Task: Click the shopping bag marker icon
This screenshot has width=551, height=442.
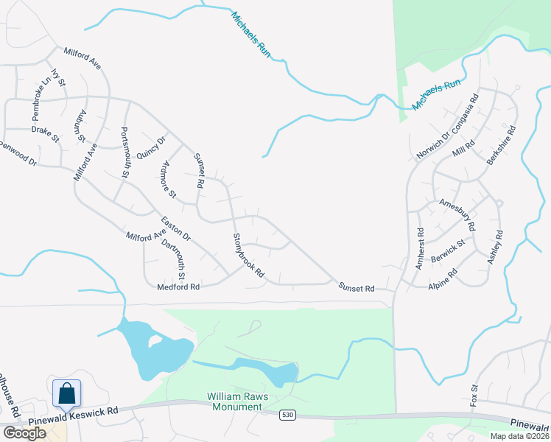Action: tap(66, 393)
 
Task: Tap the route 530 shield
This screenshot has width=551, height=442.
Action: tap(287, 416)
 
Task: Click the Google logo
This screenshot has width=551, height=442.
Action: tap(24, 433)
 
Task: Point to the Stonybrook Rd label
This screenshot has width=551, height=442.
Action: tap(248, 256)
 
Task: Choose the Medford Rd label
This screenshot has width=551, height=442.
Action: tap(179, 287)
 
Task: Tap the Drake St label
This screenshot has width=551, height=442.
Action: tap(45, 132)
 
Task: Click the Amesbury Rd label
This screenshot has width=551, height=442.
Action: tap(457, 213)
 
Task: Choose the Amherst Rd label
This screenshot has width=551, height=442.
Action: tap(420, 248)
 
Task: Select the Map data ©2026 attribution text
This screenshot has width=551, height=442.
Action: tap(519, 436)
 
